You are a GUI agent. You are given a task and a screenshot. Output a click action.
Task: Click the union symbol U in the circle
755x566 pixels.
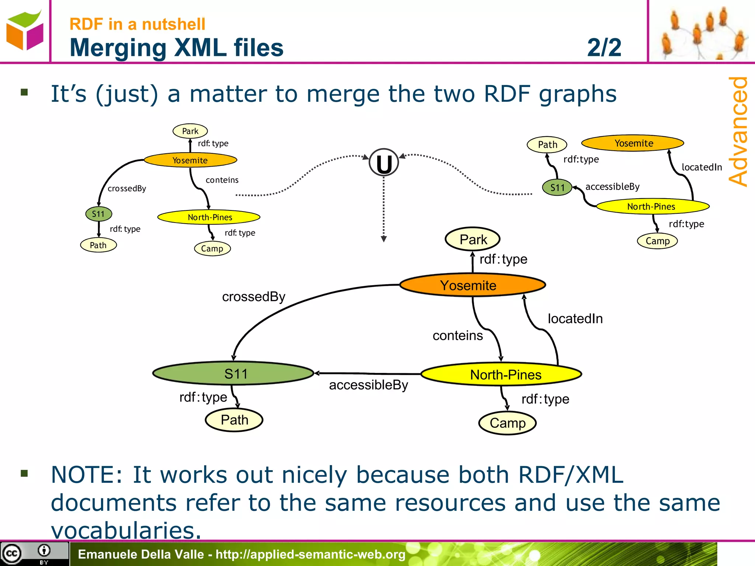(384, 163)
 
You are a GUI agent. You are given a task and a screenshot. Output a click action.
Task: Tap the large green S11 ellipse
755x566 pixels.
(233, 373)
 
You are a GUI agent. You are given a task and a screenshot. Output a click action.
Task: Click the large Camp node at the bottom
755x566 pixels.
(507, 423)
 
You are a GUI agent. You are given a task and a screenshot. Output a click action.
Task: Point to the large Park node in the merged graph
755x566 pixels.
(473, 239)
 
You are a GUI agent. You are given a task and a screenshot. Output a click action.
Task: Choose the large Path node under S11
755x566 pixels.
(234, 420)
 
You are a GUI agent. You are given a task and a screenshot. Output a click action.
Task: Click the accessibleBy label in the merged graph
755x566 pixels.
(368, 385)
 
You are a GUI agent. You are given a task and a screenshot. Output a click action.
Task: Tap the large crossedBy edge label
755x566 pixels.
(254, 297)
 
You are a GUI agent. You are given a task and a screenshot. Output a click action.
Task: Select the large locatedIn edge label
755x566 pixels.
(575, 319)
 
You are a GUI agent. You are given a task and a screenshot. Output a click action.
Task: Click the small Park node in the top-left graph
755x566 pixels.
(190, 131)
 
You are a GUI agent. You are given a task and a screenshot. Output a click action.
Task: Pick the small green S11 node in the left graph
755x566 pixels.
(98, 214)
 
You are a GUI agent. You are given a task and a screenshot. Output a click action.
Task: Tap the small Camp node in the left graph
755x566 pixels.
(212, 249)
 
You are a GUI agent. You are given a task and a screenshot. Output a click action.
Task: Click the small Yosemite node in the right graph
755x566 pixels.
(633, 143)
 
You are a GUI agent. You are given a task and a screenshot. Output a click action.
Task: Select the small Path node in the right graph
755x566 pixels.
(547, 144)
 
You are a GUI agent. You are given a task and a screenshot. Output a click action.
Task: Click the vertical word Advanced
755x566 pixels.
(738, 131)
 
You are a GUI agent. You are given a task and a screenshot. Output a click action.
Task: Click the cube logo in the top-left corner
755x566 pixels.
(25, 31)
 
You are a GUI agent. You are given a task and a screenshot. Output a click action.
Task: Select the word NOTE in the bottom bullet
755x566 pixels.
(86, 475)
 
